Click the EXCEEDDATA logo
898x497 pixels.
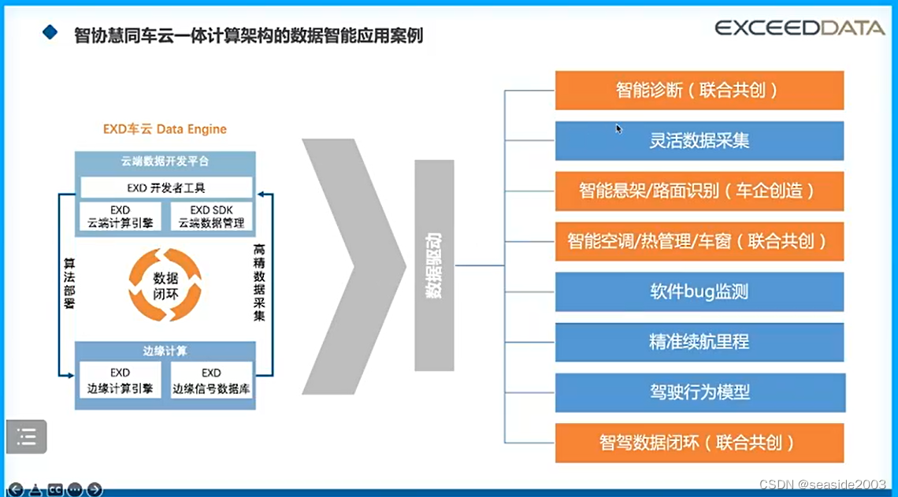[799, 28]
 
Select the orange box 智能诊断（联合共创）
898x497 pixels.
[699, 90]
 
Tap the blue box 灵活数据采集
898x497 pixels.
[699, 140]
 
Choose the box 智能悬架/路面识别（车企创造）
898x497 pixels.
[699, 191]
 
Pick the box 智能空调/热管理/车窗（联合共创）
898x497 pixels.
[699, 241]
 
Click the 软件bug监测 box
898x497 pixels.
[699, 291]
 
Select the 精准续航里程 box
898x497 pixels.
[699, 342]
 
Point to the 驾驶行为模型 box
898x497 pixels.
[699, 392]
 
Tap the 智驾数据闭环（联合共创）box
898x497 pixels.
[699, 443]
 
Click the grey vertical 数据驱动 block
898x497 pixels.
[434, 265]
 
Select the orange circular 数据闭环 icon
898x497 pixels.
[165, 284]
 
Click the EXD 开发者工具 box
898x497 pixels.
[166, 187]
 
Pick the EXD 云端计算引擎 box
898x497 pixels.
[121, 217]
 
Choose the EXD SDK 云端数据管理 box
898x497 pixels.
[211, 217]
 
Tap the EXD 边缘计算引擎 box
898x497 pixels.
[121, 380]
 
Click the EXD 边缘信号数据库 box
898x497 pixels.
[211, 380]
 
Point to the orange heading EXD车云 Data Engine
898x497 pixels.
[165, 129]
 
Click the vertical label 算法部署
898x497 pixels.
[69, 284]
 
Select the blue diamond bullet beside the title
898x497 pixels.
[50, 32]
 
